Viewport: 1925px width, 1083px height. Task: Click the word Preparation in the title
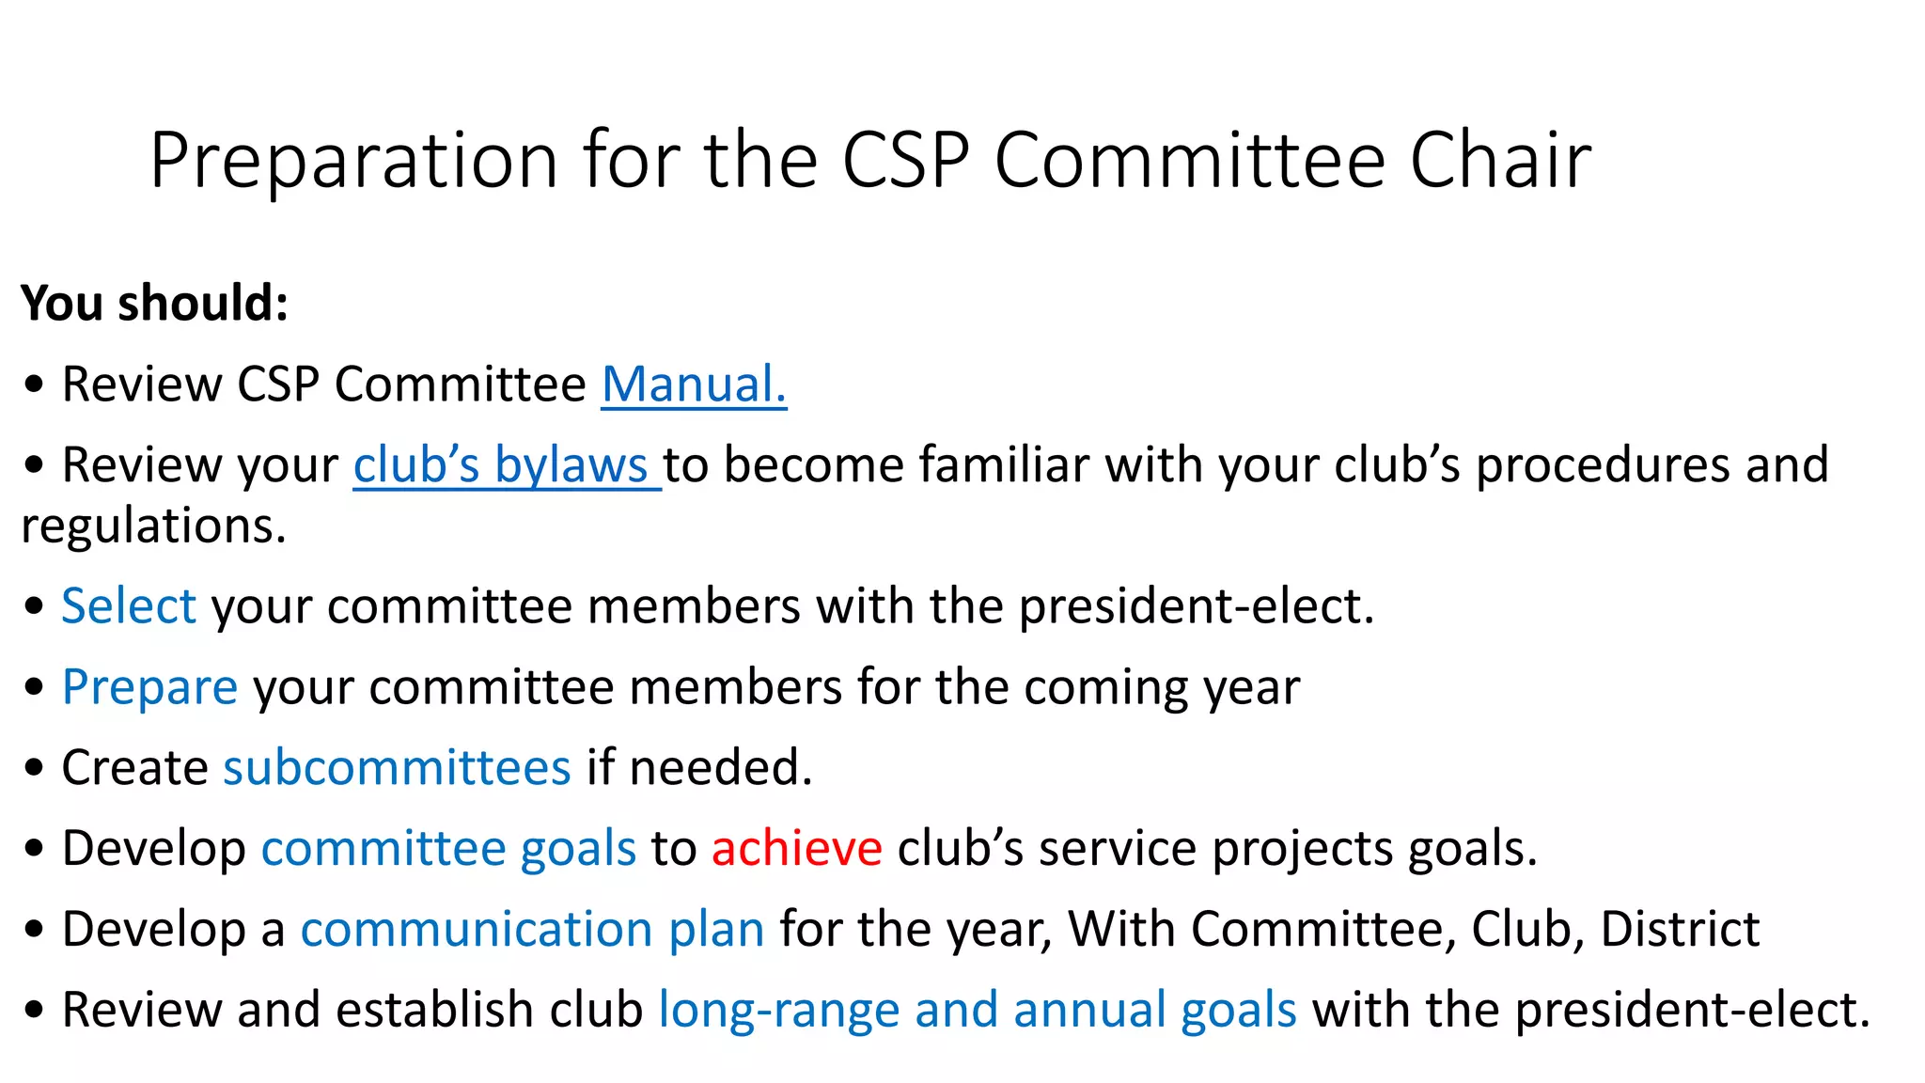(354, 162)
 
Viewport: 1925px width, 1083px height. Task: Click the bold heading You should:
(154, 304)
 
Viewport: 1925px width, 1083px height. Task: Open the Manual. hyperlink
(694, 385)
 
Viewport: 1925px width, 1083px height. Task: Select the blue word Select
(129, 606)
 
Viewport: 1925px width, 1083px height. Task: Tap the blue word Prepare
(149, 687)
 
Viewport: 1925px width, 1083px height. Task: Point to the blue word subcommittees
(397, 768)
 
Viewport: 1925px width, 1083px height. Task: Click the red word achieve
(796, 849)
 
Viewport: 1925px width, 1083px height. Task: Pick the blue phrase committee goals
(448, 849)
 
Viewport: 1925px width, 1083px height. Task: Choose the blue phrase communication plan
(532, 930)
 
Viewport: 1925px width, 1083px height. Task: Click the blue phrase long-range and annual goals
(977, 1011)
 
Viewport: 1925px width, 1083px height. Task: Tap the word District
(1680, 930)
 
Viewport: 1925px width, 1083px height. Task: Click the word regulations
(153, 526)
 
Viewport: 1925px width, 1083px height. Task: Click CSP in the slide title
(905, 162)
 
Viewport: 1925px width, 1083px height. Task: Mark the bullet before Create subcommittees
(35, 768)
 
